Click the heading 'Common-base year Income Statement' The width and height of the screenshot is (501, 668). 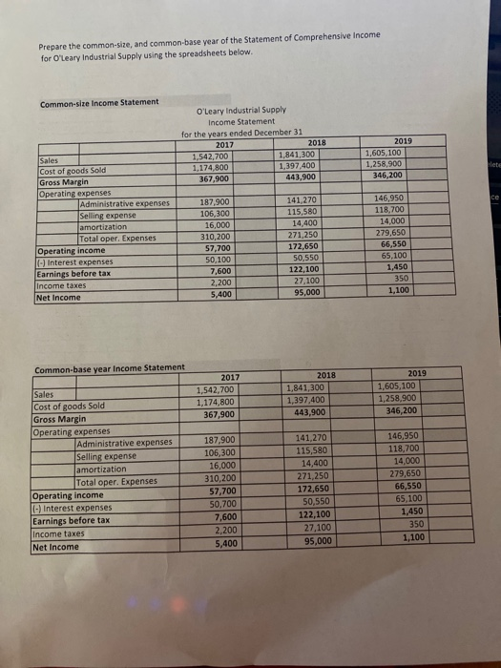[x=109, y=369]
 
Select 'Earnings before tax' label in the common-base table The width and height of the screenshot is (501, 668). [x=70, y=520]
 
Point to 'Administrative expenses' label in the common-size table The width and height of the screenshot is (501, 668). [x=125, y=202]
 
